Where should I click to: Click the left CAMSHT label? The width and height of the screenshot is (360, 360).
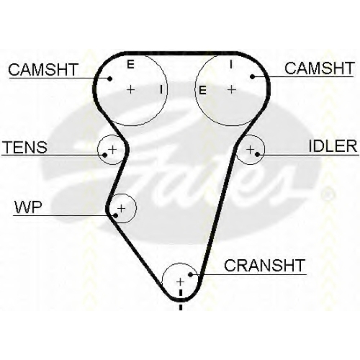coord(43,70)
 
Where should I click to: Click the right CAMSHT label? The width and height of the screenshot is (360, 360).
coord(319,68)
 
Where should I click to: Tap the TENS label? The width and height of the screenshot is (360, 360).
coord(25,147)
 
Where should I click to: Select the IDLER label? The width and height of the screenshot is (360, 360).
coord(333,145)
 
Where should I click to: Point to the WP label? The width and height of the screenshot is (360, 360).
coord(28,207)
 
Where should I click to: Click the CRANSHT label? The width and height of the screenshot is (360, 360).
coord(264,266)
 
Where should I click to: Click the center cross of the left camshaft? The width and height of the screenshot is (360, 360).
coord(131,90)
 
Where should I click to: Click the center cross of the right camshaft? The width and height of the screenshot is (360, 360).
coord(232,89)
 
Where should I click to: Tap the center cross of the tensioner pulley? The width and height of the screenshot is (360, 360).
coord(112,150)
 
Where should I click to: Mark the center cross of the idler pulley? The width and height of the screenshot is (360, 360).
coord(251,150)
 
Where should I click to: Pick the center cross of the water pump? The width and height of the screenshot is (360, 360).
coord(122,208)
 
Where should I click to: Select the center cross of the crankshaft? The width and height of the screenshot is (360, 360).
coord(180,282)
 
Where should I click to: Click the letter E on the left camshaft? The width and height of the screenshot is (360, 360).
coord(130,64)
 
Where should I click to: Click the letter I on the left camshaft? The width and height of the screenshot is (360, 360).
coord(161,89)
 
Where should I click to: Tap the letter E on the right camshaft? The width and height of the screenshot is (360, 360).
coord(202,91)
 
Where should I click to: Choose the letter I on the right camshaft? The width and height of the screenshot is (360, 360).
coord(231,64)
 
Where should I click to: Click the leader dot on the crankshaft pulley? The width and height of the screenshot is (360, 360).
coord(191,274)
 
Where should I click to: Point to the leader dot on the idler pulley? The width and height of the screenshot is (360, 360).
coord(258,154)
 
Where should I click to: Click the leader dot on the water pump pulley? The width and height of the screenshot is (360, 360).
coord(115,215)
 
